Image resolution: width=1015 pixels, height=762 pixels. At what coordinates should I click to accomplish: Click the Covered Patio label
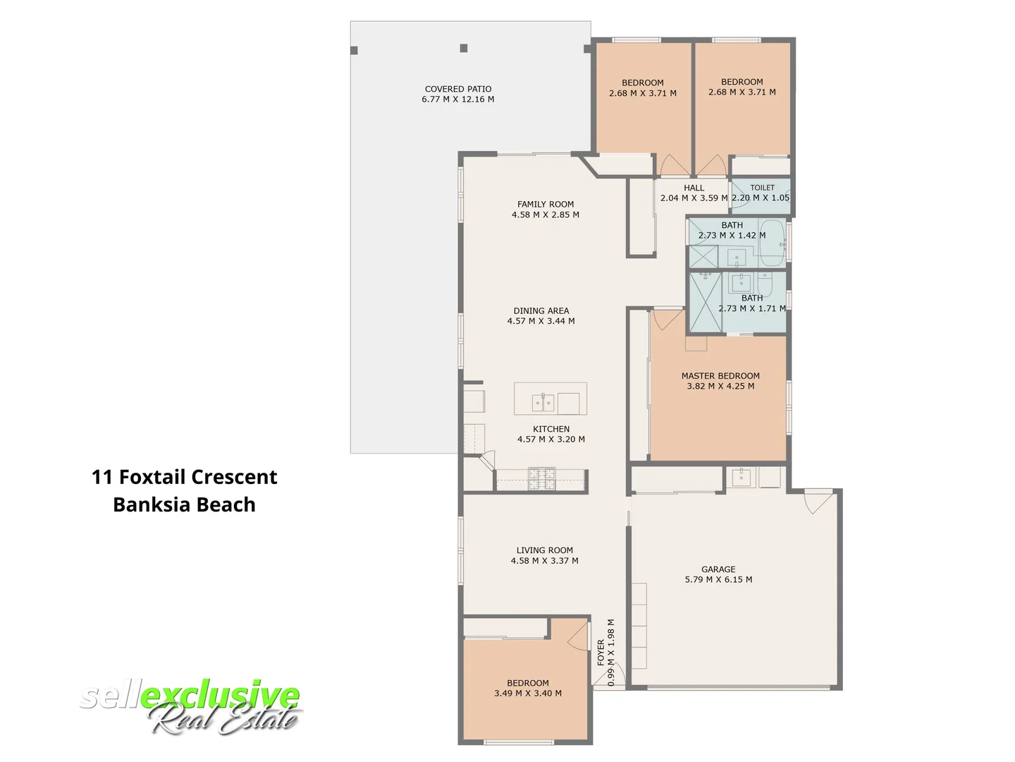(x=458, y=89)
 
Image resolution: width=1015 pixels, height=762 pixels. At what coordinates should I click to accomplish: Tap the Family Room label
(x=546, y=205)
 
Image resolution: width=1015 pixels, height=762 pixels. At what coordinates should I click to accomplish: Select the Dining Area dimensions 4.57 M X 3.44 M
(x=541, y=321)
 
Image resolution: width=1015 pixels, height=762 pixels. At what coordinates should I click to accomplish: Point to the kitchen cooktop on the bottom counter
(x=542, y=479)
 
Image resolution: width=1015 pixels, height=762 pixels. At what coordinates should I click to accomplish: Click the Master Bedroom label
(x=720, y=376)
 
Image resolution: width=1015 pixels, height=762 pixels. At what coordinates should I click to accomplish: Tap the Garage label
(x=718, y=569)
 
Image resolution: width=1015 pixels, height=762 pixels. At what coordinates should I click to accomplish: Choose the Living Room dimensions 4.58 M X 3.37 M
(x=544, y=561)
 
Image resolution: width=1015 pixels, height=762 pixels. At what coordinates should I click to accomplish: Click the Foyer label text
(x=601, y=653)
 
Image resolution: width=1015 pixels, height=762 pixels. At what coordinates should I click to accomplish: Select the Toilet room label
(x=762, y=188)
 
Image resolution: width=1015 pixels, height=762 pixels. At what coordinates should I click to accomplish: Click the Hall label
(x=694, y=188)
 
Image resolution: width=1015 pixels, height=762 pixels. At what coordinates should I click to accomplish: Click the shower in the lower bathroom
(x=706, y=301)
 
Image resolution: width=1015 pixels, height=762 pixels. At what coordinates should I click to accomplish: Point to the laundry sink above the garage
(x=741, y=478)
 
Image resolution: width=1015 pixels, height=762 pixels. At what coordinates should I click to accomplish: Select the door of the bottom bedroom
(x=579, y=635)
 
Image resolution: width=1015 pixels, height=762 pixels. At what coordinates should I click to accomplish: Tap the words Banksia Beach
(x=184, y=504)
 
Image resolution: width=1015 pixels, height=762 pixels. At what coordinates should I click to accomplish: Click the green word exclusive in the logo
(x=220, y=696)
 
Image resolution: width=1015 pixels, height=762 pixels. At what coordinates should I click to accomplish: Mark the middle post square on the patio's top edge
(x=464, y=48)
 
